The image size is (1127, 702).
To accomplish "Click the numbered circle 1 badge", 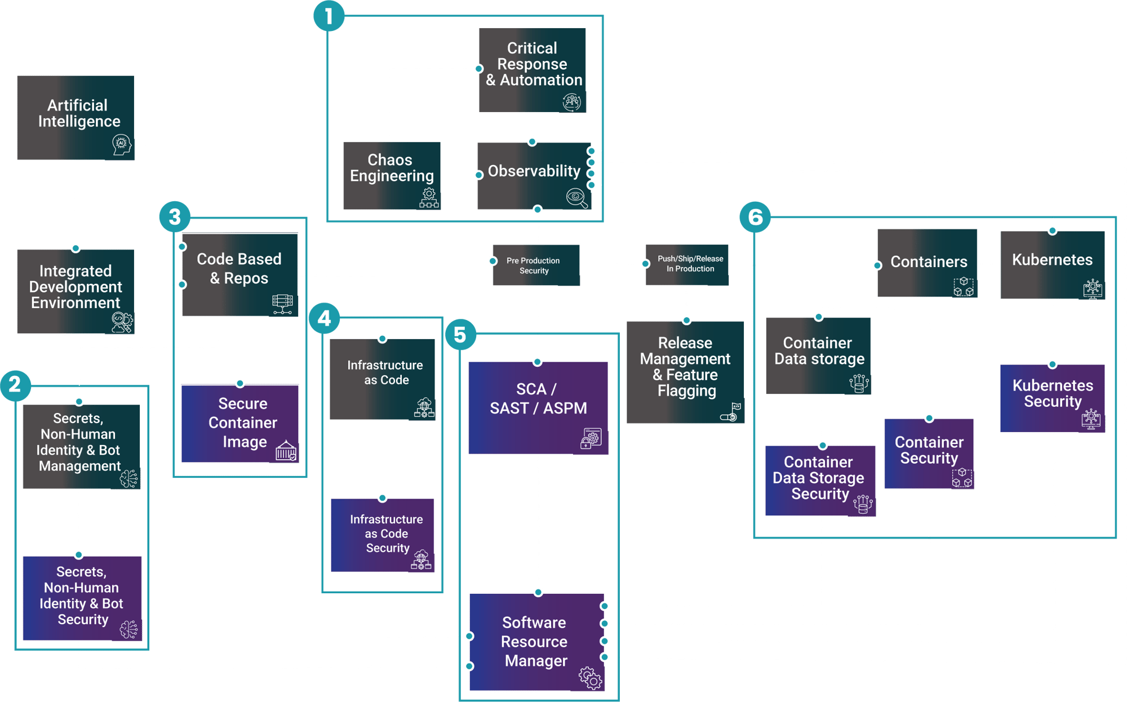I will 329,16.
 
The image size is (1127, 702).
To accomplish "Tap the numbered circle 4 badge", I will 324,318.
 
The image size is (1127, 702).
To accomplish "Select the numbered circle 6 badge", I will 755,217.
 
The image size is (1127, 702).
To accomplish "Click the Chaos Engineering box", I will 392,175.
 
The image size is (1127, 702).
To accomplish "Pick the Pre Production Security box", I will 535,265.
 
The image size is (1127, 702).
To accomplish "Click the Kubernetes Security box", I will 1052,398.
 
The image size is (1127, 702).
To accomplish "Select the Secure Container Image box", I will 240,423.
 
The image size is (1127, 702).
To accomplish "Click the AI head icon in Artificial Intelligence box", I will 121,145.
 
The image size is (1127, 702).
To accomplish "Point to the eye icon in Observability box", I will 576,197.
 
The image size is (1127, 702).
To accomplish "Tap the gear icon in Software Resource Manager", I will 590,677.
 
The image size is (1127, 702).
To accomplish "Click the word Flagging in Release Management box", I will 686,390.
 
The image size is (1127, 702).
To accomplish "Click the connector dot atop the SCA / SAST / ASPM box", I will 538,362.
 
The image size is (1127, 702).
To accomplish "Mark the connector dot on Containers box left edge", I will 877,265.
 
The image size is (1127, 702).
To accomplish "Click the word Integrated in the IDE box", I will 76,271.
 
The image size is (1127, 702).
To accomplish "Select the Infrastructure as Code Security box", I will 383,535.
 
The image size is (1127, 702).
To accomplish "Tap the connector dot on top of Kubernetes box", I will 1052,230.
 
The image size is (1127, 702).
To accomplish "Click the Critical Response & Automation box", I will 533,70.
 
